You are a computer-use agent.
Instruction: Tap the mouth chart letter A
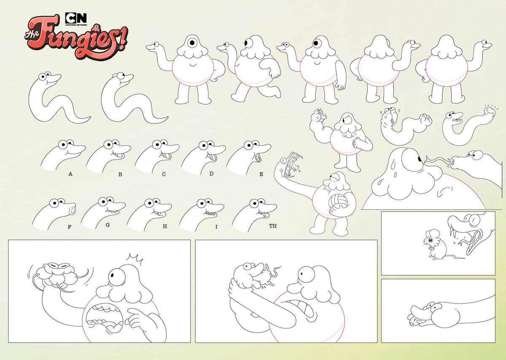pos(70,174)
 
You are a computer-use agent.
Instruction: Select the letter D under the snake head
pos(211,173)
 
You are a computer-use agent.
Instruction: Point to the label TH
pos(273,226)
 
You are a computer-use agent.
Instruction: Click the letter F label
pos(69,227)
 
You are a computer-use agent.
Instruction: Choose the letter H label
pos(165,226)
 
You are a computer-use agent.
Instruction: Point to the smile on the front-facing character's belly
pos(193,65)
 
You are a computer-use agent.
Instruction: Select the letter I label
pos(216,227)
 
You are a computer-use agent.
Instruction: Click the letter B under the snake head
pos(120,175)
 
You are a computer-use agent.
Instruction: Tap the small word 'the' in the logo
pos(32,36)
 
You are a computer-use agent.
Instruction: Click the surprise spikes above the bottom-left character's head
pos(135,258)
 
